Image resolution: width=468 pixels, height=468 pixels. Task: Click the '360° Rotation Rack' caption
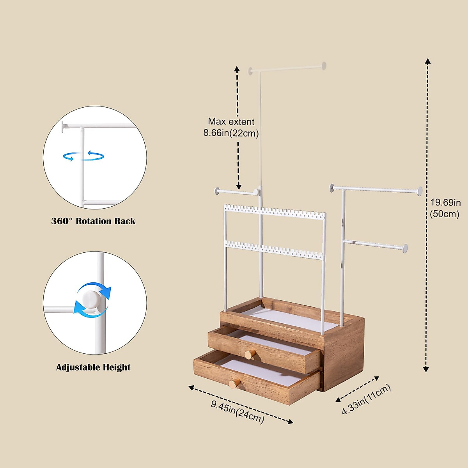93,221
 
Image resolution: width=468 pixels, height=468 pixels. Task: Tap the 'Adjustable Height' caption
93,367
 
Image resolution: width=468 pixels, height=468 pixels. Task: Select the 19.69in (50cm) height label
445,208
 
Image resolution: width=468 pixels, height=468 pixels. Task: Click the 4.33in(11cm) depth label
366,400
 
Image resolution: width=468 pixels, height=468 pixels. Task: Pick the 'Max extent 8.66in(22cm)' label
231,128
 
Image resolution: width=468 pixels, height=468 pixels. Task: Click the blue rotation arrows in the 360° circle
83,156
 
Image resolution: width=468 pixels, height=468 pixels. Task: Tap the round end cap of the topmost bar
324,66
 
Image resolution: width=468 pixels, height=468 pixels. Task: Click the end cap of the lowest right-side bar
405,248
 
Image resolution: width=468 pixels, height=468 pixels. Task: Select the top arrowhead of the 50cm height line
428,61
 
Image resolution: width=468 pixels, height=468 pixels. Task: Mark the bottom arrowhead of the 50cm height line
427,369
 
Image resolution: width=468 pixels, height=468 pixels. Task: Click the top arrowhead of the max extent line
237,69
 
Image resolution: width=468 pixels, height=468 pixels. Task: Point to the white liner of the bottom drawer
265,371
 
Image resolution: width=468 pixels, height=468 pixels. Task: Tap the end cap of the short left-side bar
216,191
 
